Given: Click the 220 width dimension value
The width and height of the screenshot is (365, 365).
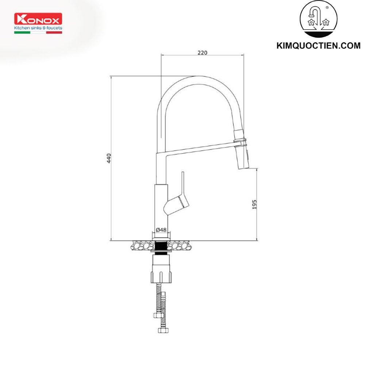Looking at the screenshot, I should pyautogui.click(x=202, y=53).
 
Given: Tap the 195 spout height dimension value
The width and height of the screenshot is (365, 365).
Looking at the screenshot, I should pyautogui.click(x=254, y=204).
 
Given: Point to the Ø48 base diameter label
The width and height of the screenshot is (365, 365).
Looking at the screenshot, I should pyautogui.click(x=161, y=230).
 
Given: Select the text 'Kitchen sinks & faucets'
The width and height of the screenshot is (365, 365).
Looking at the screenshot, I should pyautogui.click(x=38, y=28).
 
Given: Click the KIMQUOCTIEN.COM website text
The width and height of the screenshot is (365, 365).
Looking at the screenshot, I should pyautogui.click(x=319, y=46).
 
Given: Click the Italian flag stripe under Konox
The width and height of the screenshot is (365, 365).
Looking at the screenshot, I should pyautogui.click(x=38, y=32).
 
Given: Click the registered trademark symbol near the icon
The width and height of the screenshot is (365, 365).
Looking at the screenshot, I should pyautogui.click(x=327, y=7).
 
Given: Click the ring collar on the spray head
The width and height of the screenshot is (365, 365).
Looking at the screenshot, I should pyautogui.click(x=241, y=141).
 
